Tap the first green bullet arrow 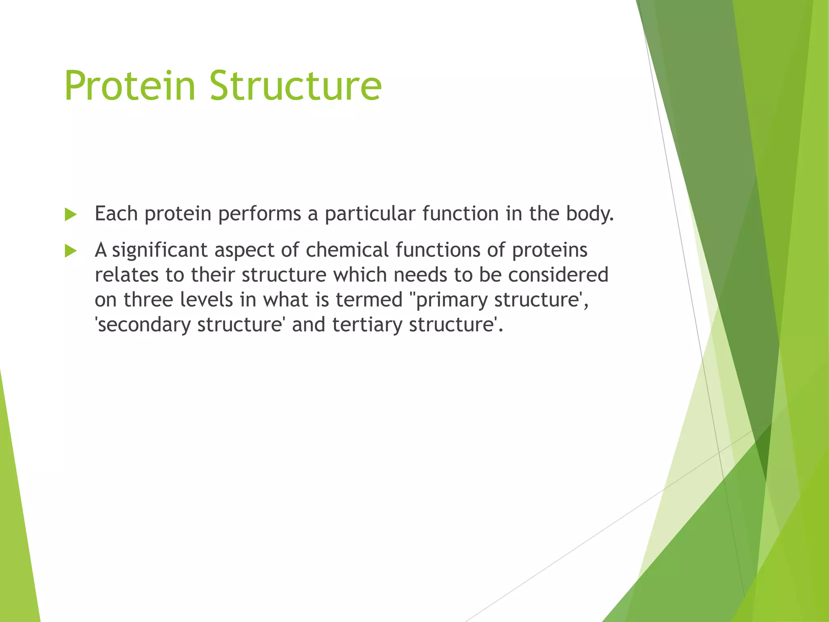[x=71, y=215]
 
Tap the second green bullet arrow [x=71, y=251]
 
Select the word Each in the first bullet [x=116, y=213]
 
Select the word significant [x=159, y=250]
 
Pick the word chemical [x=347, y=250]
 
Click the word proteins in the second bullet [x=549, y=250]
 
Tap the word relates [x=126, y=275]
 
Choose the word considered [x=558, y=275]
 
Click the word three [x=148, y=300]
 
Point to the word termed [x=369, y=300]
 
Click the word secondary [x=144, y=325]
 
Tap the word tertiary [x=367, y=325]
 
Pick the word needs [x=420, y=275]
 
